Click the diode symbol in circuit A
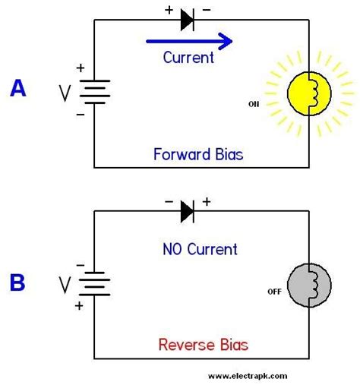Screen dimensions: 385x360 (x=188, y=21)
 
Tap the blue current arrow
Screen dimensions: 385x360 (x=189, y=41)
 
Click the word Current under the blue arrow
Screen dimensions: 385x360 (x=189, y=57)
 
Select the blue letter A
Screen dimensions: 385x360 (x=17, y=89)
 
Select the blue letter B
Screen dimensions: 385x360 (x=17, y=282)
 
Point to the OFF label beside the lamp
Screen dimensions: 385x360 (x=275, y=291)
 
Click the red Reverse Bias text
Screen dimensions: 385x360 (x=203, y=345)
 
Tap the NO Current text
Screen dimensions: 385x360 (x=200, y=249)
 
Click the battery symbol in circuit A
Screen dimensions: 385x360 (x=94, y=93)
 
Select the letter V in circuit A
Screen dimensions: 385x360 (x=65, y=93)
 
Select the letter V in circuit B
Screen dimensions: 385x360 (x=65, y=285)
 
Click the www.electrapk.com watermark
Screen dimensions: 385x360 (x=248, y=375)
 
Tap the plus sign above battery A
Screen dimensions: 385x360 (x=81, y=68)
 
